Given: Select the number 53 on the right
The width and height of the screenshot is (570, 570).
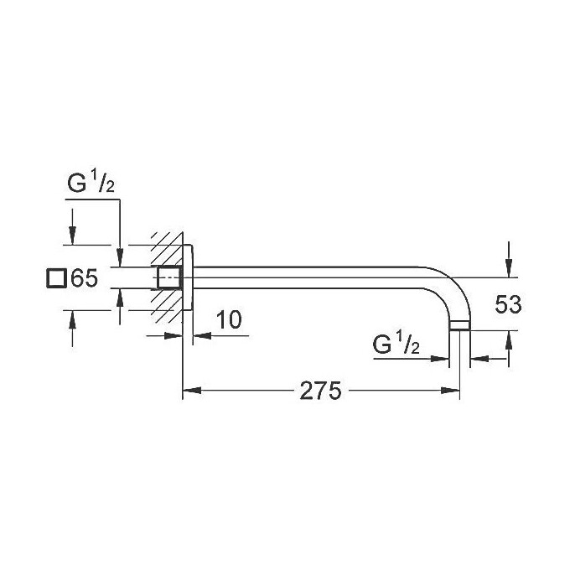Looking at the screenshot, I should click(x=507, y=304).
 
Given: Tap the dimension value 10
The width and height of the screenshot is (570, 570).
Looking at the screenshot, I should click(x=227, y=319).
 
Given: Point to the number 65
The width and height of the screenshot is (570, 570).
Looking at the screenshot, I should click(x=85, y=278).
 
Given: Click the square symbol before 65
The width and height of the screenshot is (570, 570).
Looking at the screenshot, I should click(x=56, y=278).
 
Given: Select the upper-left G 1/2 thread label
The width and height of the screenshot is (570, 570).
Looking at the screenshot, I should click(x=91, y=185).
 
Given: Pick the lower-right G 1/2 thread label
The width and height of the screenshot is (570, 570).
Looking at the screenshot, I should click(x=399, y=345).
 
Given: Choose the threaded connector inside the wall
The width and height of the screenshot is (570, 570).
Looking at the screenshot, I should click(x=170, y=277).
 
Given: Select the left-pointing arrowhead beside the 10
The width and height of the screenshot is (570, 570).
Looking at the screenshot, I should click(x=199, y=337).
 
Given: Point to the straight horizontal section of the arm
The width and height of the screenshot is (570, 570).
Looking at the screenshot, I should click(x=319, y=272).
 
